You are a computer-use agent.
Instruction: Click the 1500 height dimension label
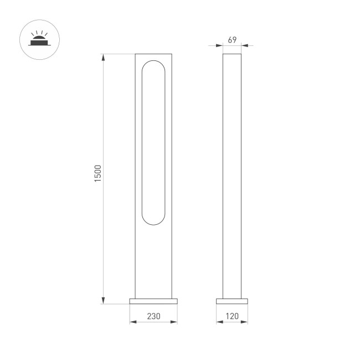click(x=98, y=174)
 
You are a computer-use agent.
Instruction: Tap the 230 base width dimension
click(x=153, y=317)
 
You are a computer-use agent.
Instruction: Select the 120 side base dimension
click(x=232, y=317)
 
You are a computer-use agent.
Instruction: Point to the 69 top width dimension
click(x=232, y=40)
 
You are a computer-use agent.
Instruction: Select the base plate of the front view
click(x=153, y=301)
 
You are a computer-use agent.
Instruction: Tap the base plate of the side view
click(x=232, y=301)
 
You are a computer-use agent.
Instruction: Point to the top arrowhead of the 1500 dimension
click(x=103, y=55)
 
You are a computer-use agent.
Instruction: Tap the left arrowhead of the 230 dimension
click(x=132, y=322)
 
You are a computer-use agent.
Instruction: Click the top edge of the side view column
click(x=232, y=54)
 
